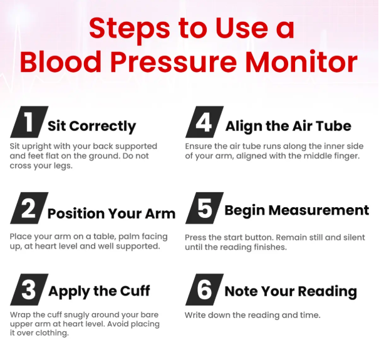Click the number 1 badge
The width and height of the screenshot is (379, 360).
click(29, 121)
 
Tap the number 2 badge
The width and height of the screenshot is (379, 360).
click(29, 208)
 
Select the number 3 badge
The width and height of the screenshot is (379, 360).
click(29, 289)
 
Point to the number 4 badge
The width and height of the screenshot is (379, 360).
click(204, 121)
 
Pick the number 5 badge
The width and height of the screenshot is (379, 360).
click(204, 208)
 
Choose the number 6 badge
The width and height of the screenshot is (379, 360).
click(204, 289)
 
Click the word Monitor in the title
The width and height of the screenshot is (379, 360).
click(301, 61)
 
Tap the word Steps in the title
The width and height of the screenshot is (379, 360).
click(129, 29)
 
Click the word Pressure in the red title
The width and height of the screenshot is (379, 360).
click(174, 61)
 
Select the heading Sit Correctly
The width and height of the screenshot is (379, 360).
click(92, 126)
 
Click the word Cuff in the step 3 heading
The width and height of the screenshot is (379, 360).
click(135, 291)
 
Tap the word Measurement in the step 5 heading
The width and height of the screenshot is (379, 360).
click(319, 210)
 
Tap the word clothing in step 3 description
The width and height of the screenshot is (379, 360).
click(52, 333)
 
